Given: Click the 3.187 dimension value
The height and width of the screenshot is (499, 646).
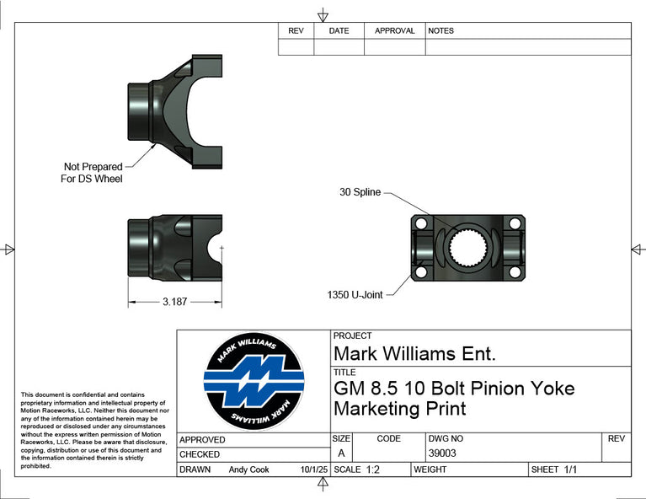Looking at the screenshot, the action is coord(174,302).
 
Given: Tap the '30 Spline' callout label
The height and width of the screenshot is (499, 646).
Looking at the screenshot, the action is coord(360,192).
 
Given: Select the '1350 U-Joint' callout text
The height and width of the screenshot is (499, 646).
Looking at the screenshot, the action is coord(355,295).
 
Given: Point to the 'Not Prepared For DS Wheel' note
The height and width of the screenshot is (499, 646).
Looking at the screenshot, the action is coord(92,173).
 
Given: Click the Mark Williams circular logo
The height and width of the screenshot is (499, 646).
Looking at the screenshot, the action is coord(254,382).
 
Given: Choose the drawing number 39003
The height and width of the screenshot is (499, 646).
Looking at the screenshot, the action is coord(442,453).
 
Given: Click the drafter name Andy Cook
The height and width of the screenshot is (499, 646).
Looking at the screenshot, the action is coord(248,469).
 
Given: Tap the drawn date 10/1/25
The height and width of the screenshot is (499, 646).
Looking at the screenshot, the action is coord(314,469).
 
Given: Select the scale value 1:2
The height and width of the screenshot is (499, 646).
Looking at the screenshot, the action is coord(373,469).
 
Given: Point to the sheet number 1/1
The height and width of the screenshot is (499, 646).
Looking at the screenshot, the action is coord(570,469).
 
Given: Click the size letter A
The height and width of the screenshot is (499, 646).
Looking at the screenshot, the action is coord(341,453).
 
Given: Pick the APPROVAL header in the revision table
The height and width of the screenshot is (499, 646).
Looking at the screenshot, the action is coord(395,31).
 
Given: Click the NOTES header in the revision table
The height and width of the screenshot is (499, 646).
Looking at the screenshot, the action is coord(440,31).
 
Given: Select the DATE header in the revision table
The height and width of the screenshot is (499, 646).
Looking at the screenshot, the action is coord(339,31).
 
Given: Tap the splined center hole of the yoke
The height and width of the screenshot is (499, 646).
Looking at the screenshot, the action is coord(467,248).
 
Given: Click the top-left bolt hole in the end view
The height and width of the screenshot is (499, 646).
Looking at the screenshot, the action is coord(420,224).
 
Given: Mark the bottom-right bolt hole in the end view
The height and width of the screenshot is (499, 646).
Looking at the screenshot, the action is coord(515,272).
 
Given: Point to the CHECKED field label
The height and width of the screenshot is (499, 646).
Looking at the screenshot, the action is coord(200,454).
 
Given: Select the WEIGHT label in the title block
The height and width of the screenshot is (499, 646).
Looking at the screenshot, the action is coord(430,469).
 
